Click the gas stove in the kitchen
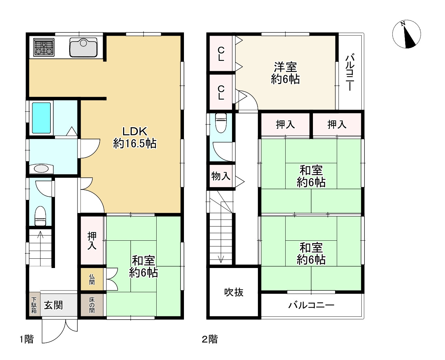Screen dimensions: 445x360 (44, 47)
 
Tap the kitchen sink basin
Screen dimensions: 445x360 (83, 47)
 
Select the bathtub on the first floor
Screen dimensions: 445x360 (41, 118)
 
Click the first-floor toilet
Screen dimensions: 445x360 (40, 216)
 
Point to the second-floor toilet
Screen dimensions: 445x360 (221, 123)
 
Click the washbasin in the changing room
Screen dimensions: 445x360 (41, 169)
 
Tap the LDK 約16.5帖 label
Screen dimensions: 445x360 (135, 138)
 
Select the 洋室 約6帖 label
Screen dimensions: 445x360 (285, 73)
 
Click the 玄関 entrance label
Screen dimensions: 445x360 (53, 305)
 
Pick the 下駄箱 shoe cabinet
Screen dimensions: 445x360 (34, 305)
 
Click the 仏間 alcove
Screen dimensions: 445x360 (92, 279)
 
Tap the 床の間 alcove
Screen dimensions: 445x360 (92, 305)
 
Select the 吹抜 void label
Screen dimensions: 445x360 (234, 292)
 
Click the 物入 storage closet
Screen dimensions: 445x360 (221, 176)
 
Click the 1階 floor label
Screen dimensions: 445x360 (27, 339)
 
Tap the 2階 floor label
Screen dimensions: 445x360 (210, 339)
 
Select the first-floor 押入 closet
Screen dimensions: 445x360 (92, 240)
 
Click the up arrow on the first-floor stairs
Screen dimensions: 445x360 (40, 234)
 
